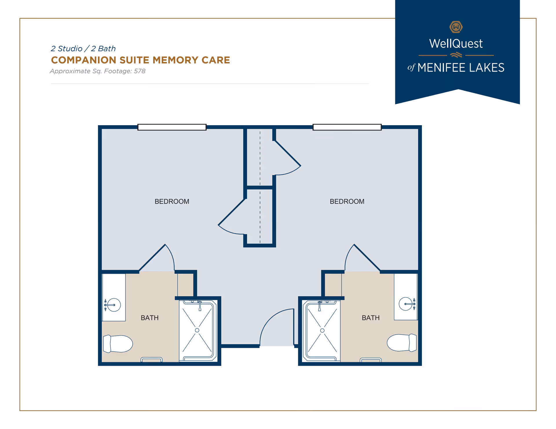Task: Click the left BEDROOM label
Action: click(172, 201)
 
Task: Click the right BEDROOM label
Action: click(347, 201)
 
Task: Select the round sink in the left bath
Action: click(114, 305)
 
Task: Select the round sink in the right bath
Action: click(405, 304)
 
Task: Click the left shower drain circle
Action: click(197, 330)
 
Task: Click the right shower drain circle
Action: click(322, 330)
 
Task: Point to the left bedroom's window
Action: click(172, 127)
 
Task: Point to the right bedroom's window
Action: click(347, 127)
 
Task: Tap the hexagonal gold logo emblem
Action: click(456, 27)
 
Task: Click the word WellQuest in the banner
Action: click(456, 44)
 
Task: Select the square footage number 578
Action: click(140, 71)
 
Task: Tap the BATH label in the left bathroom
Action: click(149, 318)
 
